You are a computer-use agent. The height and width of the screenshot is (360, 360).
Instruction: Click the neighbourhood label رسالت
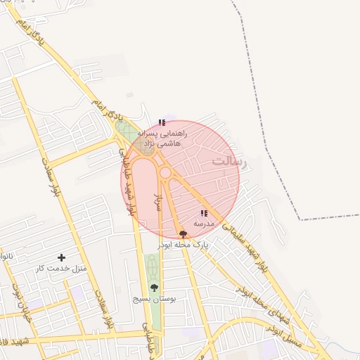pyautogui.click(x=231, y=161)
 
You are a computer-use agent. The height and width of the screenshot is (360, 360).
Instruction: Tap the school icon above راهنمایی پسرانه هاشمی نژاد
pyautogui.click(x=162, y=122)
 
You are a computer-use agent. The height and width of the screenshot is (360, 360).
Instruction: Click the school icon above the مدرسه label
pyautogui.click(x=204, y=213)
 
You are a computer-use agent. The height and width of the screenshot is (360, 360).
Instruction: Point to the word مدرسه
pyautogui.click(x=204, y=223)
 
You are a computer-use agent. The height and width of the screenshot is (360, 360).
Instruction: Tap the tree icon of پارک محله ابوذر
pyautogui.click(x=184, y=234)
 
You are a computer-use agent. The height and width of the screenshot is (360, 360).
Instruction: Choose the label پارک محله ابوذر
pyautogui.click(x=184, y=244)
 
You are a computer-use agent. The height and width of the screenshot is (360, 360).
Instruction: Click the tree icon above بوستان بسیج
pyautogui.click(x=154, y=288)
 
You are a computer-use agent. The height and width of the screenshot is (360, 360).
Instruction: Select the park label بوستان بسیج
pyautogui.click(x=154, y=299)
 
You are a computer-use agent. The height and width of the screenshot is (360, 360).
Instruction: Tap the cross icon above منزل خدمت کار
pyautogui.click(x=62, y=258)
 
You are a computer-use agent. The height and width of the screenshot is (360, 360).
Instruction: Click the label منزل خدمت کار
pyautogui.click(x=62, y=269)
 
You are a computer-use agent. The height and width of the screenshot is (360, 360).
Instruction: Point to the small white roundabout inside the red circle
pyautogui.click(x=166, y=172)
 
